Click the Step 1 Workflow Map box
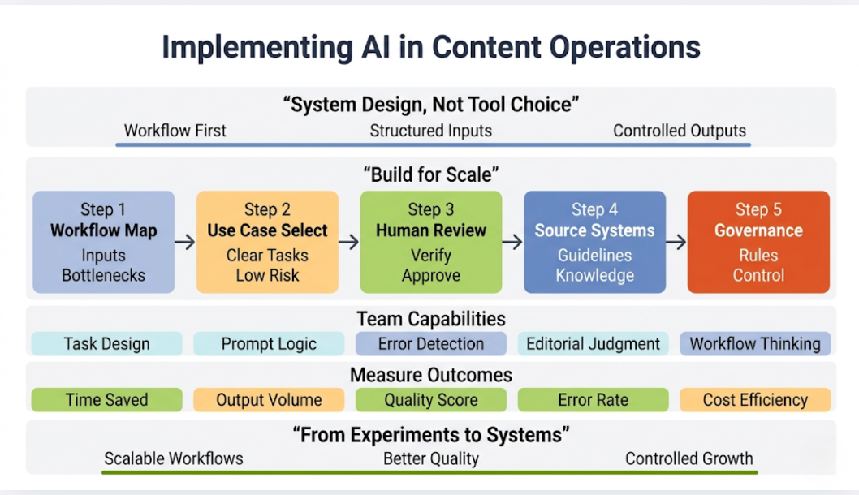[x=103, y=242]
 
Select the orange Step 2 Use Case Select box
[x=267, y=242]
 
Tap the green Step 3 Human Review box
[x=430, y=242]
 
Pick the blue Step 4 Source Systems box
[x=594, y=242]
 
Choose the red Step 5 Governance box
[x=758, y=242]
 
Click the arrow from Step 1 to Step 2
[x=185, y=242]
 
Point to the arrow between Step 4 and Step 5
[x=676, y=242]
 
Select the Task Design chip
[x=106, y=343]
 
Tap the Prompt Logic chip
[x=269, y=343]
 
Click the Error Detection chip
[x=430, y=343]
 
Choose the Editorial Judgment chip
[x=593, y=343]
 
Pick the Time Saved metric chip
[x=106, y=399]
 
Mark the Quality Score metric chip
[x=430, y=399]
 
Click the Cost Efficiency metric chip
[x=755, y=399]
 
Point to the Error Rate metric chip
[x=593, y=399]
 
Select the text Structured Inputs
[x=430, y=131]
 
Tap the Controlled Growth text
[x=688, y=458]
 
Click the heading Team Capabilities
[x=430, y=318]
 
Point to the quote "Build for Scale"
[x=430, y=174]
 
